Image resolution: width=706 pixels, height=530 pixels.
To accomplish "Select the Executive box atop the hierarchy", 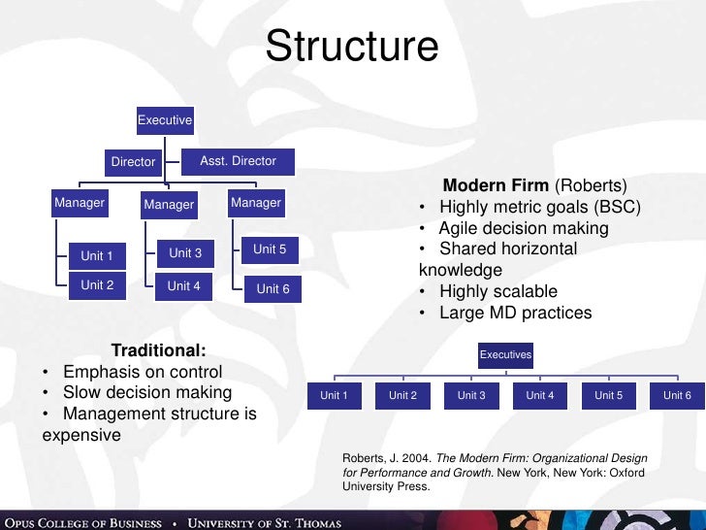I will pyautogui.click(x=165, y=120).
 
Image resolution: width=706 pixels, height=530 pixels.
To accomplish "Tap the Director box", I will pyautogui.click(x=133, y=162).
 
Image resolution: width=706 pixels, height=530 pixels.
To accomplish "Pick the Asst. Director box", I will pyautogui.click(x=239, y=161).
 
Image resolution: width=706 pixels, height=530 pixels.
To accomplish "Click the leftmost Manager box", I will pyautogui.click(x=80, y=204).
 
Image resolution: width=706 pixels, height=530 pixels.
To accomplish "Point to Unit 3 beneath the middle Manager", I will pyautogui.click(x=185, y=253).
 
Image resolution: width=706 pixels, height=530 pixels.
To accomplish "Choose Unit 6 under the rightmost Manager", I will pyautogui.click(x=273, y=288).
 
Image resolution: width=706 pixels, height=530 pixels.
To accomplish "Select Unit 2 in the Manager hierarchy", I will pyautogui.click(x=97, y=285).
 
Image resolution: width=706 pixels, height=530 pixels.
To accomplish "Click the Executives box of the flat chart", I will pyautogui.click(x=505, y=355).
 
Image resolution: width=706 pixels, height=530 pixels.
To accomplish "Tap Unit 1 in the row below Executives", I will pyautogui.click(x=335, y=395).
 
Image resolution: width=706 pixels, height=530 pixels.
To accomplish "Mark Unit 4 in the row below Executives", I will pyautogui.click(x=540, y=395).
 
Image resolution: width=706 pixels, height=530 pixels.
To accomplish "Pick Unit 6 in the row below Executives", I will pyautogui.click(x=677, y=395).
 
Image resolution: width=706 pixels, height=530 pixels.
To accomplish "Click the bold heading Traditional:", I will pyautogui.click(x=158, y=350).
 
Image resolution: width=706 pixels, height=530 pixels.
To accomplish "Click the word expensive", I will pyautogui.click(x=81, y=435).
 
